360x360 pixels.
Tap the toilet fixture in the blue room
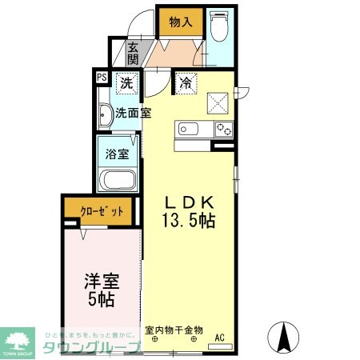coord(219,26)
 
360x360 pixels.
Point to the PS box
coord(102,78)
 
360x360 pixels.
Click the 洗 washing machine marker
coord(126,82)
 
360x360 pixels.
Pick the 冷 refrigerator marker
coord(185,82)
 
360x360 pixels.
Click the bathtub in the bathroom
coord(118,179)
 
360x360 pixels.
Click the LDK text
coord(190,203)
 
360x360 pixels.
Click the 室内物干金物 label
coord(174,329)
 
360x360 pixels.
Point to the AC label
coord(219,338)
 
